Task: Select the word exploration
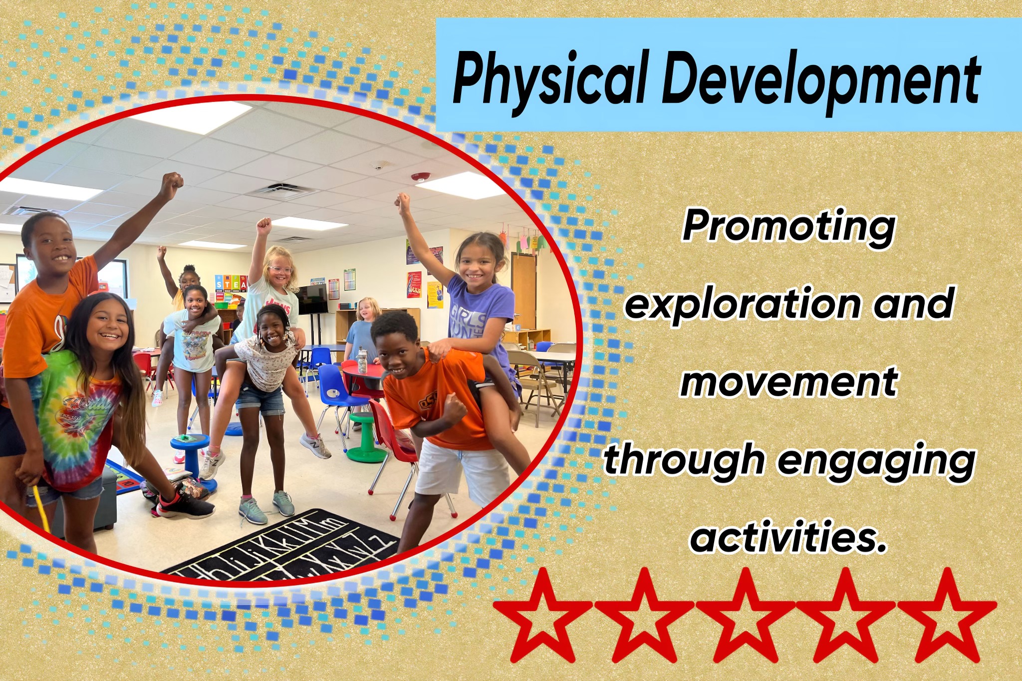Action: click(x=742, y=304)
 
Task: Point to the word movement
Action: click(x=789, y=382)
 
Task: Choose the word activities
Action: click(x=789, y=536)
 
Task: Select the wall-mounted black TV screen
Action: click(x=312, y=299)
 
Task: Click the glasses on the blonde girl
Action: click(x=281, y=270)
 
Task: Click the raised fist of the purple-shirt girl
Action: click(x=402, y=201)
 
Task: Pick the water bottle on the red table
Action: click(x=362, y=361)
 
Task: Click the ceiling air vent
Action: click(x=282, y=190)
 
